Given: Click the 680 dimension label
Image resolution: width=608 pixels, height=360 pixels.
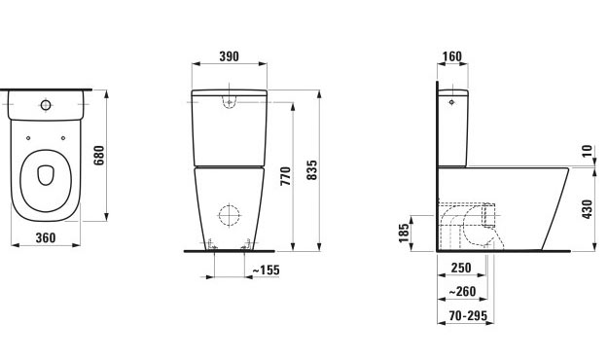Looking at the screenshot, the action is pos(99,155).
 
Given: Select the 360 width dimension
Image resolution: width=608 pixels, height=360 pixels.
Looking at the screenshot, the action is pos(46,237).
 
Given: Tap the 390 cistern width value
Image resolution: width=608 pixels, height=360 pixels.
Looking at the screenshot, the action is pos(230,56).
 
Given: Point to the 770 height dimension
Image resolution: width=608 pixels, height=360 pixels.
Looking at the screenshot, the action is pos(286,176).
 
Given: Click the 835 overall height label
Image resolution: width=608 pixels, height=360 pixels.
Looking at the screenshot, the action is pos(311,170).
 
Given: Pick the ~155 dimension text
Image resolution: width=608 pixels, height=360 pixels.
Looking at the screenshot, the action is pos(266,270).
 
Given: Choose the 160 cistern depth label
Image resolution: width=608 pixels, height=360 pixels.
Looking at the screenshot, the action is pos(452,56).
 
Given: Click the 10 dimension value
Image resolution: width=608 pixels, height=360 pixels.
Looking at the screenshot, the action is pos(588,151).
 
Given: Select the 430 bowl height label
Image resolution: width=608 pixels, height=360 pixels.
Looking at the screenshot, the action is pos(588,209).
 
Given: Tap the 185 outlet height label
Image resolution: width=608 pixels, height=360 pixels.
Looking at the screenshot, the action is pos(404,233).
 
